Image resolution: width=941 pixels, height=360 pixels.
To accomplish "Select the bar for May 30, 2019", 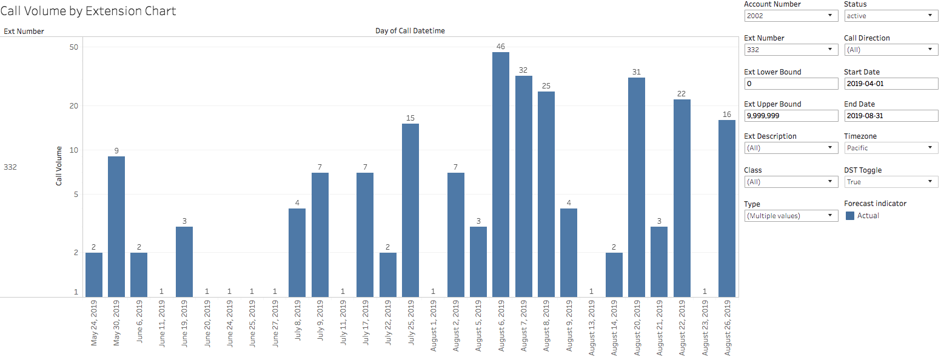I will (x=116, y=227).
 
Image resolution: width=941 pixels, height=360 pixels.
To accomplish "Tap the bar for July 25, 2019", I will (x=410, y=210).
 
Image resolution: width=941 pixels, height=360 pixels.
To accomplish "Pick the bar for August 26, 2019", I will (x=727, y=208).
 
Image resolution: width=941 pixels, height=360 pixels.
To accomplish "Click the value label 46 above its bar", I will (x=501, y=47).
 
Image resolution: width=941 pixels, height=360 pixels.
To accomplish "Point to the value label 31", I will (x=637, y=72).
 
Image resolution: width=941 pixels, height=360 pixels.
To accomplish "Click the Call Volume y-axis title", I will (x=59, y=165).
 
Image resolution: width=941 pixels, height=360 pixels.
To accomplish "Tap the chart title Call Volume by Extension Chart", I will (x=89, y=11).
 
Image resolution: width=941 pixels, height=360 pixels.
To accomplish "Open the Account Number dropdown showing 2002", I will (x=791, y=16).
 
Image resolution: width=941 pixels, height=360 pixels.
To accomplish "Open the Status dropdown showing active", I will (x=891, y=16).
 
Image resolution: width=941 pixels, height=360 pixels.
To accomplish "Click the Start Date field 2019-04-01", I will (x=891, y=84).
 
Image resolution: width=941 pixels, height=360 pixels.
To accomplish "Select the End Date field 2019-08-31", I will (x=891, y=116).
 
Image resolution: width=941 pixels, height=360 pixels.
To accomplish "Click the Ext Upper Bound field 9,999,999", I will (x=791, y=116).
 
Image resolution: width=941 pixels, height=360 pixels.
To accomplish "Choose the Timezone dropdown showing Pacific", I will (x=891, y=148).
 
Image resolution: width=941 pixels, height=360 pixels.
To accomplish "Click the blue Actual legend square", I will (x=850, y=216).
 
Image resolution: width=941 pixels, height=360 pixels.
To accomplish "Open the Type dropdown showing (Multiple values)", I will (x=791, y=216).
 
